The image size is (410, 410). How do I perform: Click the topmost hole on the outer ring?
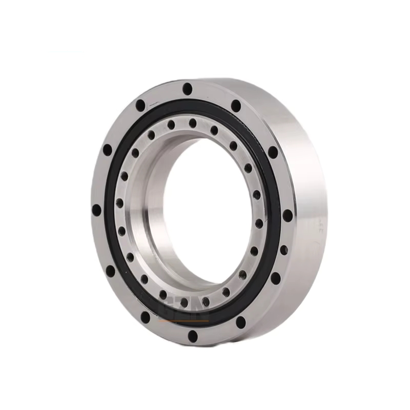tap(187, 89)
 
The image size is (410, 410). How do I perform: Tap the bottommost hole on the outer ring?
tap(193, 336)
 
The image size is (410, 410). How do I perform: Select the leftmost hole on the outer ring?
tap(96, 210)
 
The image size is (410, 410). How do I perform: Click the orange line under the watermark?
tap(184, 321)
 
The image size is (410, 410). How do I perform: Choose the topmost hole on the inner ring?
tap(193, 123)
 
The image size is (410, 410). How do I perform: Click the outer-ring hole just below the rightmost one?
tap(283, 250)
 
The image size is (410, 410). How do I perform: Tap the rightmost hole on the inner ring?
tap(259, 223)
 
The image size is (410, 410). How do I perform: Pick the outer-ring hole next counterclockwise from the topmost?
tap(140, 106)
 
